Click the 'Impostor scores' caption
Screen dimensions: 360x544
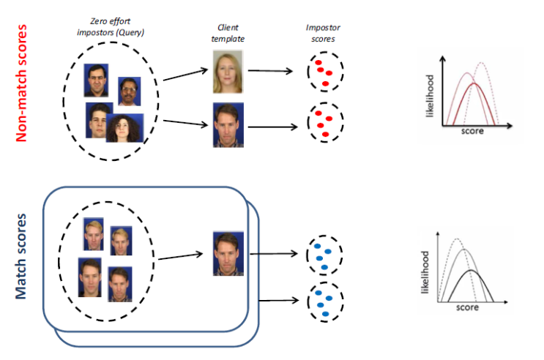[322, 30]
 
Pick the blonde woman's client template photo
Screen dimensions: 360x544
[226, 70]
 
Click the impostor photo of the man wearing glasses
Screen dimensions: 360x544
[96, 81]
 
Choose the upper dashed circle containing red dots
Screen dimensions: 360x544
[321, 72]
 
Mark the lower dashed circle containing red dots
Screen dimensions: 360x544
[321, 124]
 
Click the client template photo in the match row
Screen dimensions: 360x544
[226, 253]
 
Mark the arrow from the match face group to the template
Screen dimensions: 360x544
[181, 257]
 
